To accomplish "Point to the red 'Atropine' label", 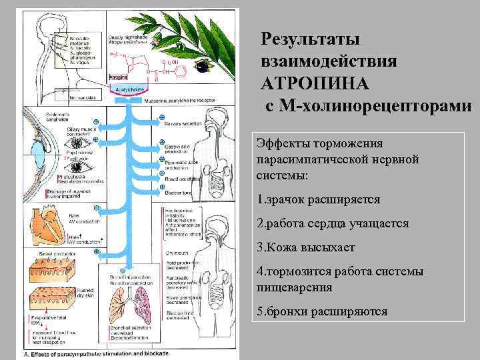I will point(118,77).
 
